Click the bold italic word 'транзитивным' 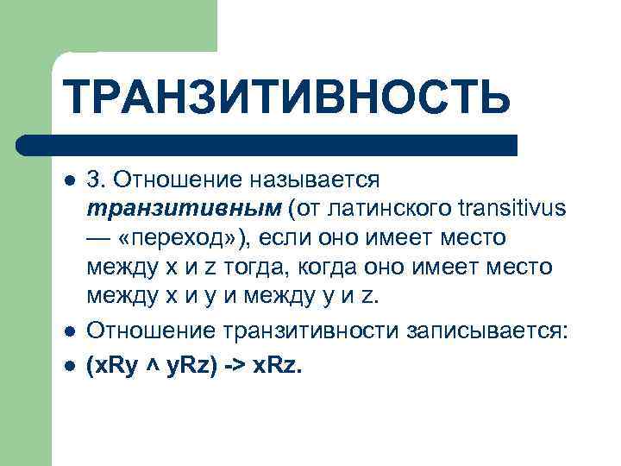[184, 210]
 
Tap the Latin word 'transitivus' [511, 210]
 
